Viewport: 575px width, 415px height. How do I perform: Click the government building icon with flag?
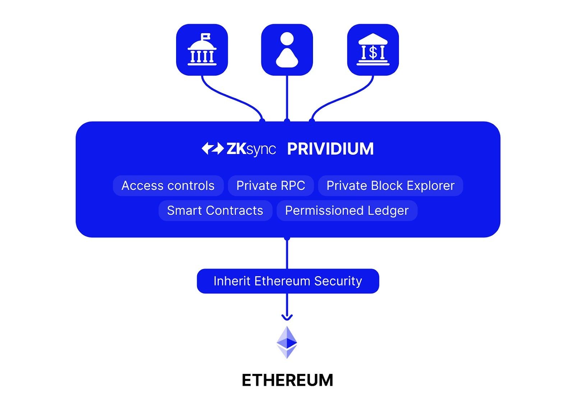click(202, 50)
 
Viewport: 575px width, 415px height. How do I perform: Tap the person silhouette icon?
click(287, 50)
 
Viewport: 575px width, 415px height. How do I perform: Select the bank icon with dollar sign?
click(373, 50)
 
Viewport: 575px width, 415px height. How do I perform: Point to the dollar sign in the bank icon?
click(373, 53)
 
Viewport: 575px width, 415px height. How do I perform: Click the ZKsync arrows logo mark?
click(212, 148)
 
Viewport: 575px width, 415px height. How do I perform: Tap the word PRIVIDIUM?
click(330, 149)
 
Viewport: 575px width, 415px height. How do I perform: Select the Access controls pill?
click(168, 186)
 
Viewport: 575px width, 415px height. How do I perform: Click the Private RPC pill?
click(271, 186)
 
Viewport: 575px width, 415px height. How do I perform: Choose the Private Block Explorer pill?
click(390, 186)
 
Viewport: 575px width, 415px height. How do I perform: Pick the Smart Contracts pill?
click(215, 210)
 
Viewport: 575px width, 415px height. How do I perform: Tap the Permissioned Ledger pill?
click(347, 210)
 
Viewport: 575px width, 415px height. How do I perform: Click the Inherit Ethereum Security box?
click(288, 281)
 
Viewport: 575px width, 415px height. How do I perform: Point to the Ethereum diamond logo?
click(287, 342)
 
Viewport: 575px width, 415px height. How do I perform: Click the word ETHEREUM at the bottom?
click(287, 380)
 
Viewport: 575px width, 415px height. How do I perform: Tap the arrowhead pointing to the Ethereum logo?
click(287, 317)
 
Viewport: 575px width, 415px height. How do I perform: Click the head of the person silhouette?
click(287, 39)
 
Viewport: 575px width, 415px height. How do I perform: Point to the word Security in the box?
click(338, 281)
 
